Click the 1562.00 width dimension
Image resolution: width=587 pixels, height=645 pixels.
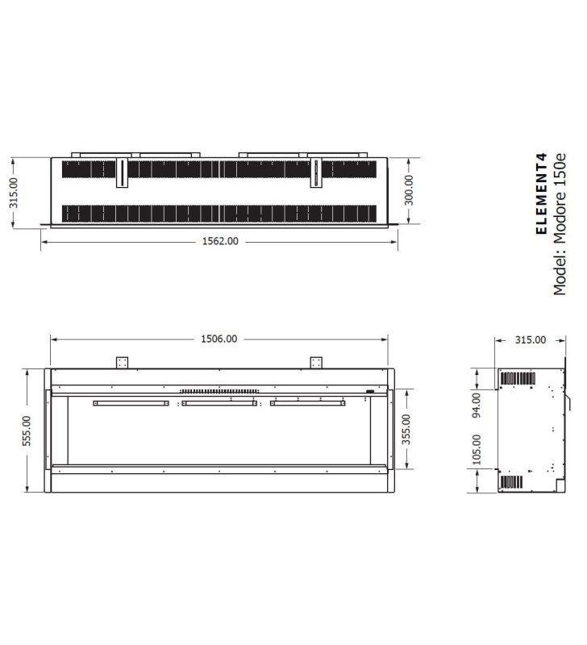pos(220,241)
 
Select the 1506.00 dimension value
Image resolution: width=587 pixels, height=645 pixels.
pos(219,339)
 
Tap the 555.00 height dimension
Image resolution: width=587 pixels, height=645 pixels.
pos(27,431)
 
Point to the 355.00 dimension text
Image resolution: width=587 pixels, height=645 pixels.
pos(406,429)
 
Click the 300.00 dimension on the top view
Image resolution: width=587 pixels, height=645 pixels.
pos(409,190)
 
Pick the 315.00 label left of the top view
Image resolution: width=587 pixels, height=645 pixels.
pos(14,193)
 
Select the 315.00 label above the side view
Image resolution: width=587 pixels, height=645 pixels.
pos(531,339)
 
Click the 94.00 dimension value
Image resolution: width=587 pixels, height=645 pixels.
pos(477,406)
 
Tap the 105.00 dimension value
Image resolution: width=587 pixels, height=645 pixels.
pos(477,450)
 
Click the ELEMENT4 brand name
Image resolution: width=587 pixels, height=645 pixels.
pos(542,193)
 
